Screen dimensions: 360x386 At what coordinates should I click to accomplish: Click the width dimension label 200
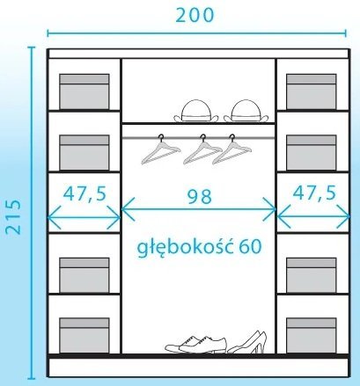[x=195, y=15]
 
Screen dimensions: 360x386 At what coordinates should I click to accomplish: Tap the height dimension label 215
[x=13, y=217]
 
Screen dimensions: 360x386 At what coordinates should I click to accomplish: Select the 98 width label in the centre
[x=200, y=196]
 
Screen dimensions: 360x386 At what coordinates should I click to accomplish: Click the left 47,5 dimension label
[x=84, y=193]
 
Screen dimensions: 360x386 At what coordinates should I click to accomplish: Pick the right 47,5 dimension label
[x=314, y=193]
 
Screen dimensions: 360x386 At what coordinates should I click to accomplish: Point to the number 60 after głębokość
[x=250, y=246]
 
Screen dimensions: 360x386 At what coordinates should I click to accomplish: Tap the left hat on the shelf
[x=196, y=111]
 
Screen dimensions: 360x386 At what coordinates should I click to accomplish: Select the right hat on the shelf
[x=246, y=111]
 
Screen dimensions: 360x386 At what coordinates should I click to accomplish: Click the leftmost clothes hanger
[x=161, y=150]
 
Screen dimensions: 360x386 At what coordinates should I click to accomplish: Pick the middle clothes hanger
[x=202, y=150]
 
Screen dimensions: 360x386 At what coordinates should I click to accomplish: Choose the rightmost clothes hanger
[x=231, y=150]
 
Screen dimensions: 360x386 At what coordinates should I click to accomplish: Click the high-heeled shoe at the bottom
[x=248, y=342]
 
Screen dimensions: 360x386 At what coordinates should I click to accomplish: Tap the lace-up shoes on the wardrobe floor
[x=195, y=345]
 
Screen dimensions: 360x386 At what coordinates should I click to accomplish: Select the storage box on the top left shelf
[x=84, y=91]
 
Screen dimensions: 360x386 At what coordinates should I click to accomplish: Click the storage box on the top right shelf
[x=312, y=91]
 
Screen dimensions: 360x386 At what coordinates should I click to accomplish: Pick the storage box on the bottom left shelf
[x=84, y=336]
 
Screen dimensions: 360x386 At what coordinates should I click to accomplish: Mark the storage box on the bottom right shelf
[x=312, y=336]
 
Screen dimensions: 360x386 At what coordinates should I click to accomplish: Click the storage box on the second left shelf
[x=84, y=153]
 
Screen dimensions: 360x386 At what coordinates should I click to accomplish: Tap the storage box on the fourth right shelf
[x=312, y=275]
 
